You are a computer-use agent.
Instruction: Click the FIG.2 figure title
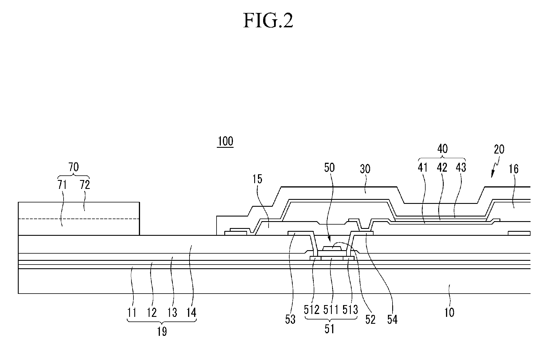point(268,21)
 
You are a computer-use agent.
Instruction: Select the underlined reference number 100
point(225,141)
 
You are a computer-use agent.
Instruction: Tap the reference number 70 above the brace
point(74,167)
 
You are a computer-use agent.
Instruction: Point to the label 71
point(62,185)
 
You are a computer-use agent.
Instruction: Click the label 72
point(85,185)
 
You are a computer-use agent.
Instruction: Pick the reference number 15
point(257,179)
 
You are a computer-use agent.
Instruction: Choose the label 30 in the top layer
point(365,169)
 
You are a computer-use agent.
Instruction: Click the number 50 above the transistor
point(330,167)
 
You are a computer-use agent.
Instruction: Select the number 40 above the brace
point(442,149)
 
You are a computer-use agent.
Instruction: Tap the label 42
point(442,167)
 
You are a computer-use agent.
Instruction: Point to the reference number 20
point(499,150)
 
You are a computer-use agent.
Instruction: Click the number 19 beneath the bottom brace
point(162,332)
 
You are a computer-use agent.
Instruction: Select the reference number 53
point(290,319)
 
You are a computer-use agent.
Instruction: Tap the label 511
point(331,310)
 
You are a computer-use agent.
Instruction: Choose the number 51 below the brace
point(330,329)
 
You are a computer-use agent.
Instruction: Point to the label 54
point(392,319)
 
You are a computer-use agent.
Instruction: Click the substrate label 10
point(449,312)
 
